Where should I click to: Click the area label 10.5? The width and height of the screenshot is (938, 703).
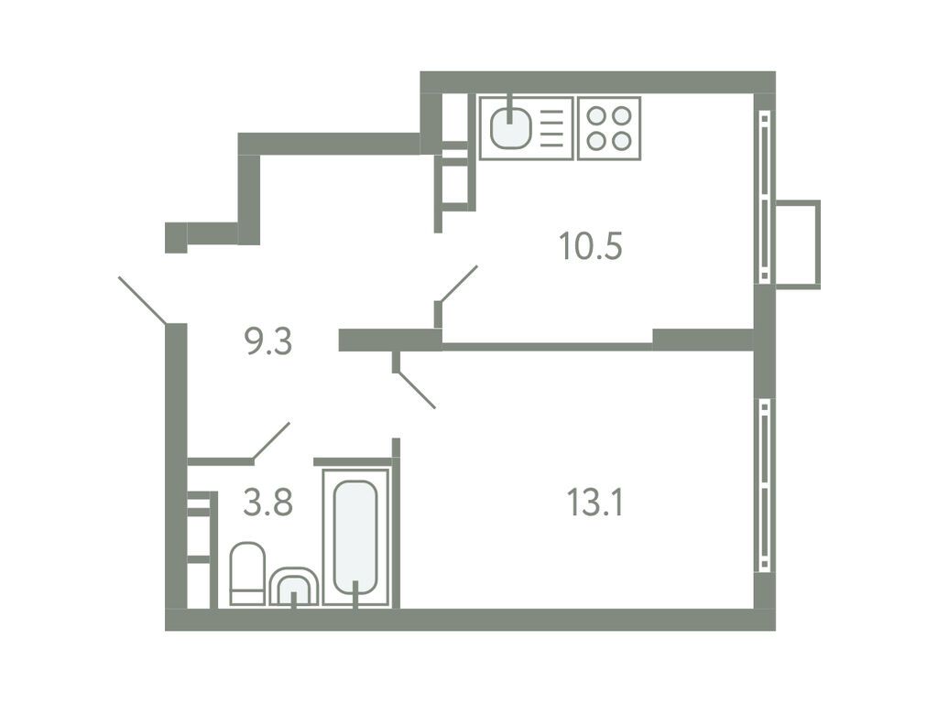(591, 246)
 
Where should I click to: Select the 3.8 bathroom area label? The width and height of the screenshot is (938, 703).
(267, 503)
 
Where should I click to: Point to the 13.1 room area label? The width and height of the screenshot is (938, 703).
(594, 503)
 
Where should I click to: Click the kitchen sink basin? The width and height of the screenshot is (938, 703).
(509, 127)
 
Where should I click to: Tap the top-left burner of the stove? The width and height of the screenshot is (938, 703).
(595, 116)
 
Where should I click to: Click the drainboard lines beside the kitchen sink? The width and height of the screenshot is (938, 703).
(552, 128)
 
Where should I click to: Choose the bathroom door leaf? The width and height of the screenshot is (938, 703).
(271, 440)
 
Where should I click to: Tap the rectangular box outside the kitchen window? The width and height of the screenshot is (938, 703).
(797, 243)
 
